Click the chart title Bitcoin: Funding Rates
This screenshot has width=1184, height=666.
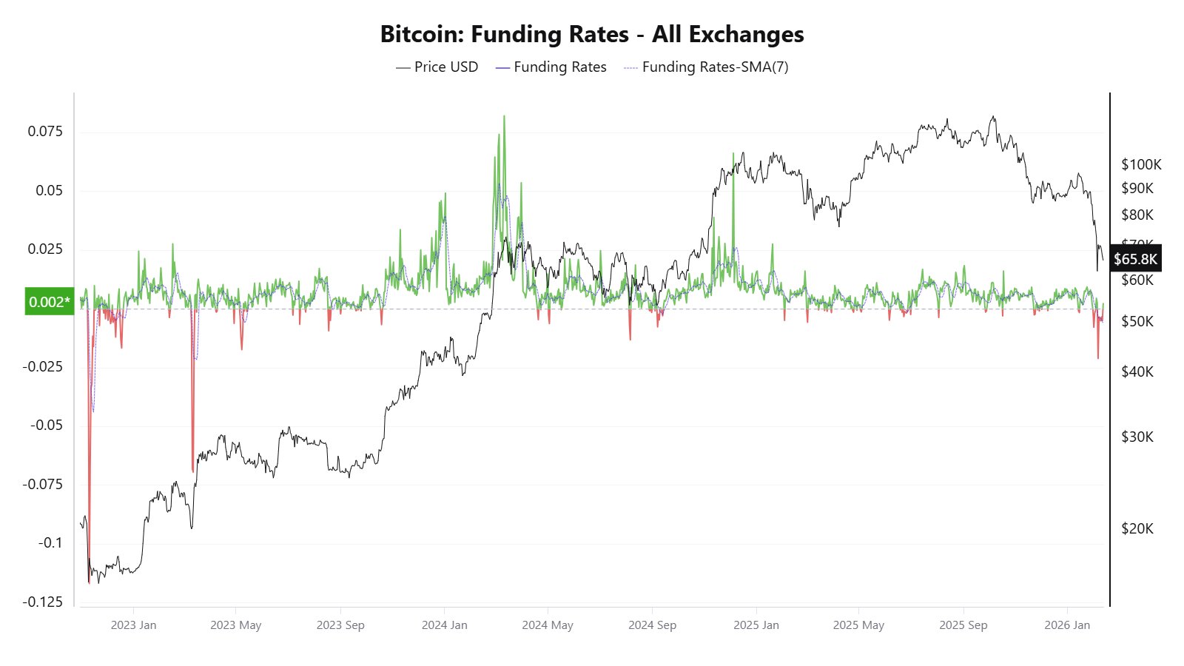(x=591, y=35)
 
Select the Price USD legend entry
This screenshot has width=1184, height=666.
(x=437, y=67)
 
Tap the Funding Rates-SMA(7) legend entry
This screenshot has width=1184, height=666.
(x=706, y=67)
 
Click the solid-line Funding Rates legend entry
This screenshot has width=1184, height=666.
(x=551, y=67)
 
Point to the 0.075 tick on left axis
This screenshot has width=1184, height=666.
(x=46, y=132)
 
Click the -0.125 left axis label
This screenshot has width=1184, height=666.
(x=43, y=602)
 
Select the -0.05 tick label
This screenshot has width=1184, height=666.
(x=46, y=425)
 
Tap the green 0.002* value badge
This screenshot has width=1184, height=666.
(x=50, y=302)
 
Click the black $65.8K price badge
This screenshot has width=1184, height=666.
(x=1135, y=259)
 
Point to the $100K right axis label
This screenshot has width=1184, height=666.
(x=1141, y=164)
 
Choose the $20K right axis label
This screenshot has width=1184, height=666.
(x=1137, y=528)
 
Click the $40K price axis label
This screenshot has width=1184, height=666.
(x=1137, y=371)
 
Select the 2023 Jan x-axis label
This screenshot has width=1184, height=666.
(x=134, y=625)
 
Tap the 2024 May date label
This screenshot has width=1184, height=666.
(x=548, y=625)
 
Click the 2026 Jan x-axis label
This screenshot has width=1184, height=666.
(x=1067, y=625)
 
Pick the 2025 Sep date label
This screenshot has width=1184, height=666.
(x=963, y=625)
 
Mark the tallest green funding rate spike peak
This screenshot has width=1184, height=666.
(x=504, y=117)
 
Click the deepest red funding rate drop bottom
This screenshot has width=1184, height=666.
(x=89, y=582)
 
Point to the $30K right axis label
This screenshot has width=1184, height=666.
(x=1137, y=437)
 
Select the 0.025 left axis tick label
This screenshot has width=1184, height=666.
(x=46, y=249)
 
